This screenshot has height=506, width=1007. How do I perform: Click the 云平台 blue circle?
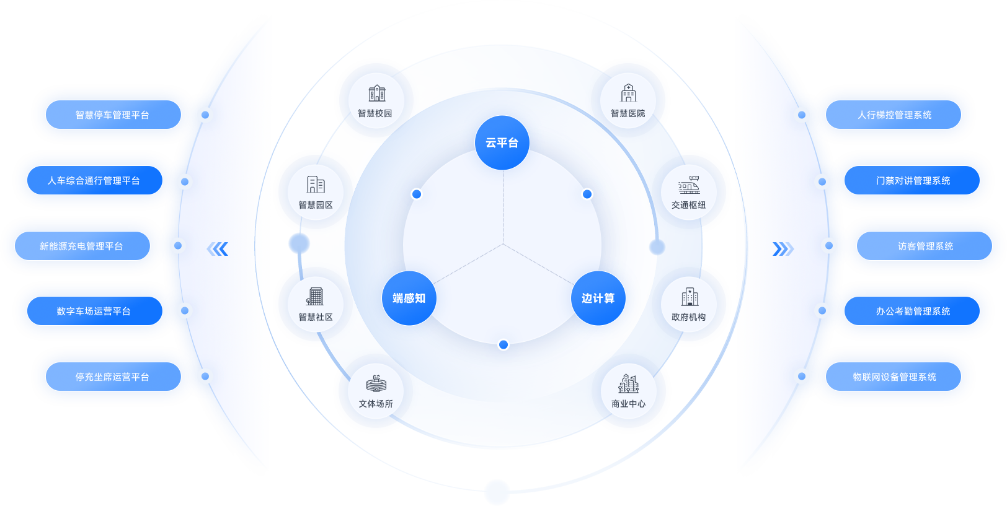[x=502, y=142]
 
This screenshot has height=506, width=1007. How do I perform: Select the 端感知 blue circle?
[x=409, y=298]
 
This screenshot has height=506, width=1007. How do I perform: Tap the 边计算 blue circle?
[x=598, y=298]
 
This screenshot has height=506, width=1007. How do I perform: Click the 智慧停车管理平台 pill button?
[x=113, y=115]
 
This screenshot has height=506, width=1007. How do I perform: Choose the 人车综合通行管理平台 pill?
[x=94, y=180]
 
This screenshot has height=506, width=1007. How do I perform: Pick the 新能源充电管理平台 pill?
[x=82, y=246]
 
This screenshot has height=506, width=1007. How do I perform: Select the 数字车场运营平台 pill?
[x=94, y=311]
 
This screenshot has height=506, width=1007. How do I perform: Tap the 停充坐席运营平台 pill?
[x=113, y=377]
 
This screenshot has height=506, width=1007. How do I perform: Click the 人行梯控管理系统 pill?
[x=894, y=115]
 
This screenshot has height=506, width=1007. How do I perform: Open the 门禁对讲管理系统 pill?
[x=912, y=180]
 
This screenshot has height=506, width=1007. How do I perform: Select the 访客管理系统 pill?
[x=925, y=246]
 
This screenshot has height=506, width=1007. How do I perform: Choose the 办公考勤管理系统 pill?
[x=912, y=311]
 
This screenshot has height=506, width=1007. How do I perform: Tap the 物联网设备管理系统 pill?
[x=894, y=377]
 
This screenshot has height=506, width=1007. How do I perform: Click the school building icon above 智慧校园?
[x=376, y=94]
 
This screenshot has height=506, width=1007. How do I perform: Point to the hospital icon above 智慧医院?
[x=628, y=93]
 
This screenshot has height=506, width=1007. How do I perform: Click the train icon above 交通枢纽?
[x=689, y=185]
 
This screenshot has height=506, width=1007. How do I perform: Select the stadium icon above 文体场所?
[x=376, y=384]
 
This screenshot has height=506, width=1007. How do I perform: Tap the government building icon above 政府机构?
[x=689, y=297]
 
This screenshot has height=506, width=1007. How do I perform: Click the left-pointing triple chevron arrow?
[x=218, y=249]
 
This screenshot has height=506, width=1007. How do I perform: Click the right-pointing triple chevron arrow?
[x=783, y=249]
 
